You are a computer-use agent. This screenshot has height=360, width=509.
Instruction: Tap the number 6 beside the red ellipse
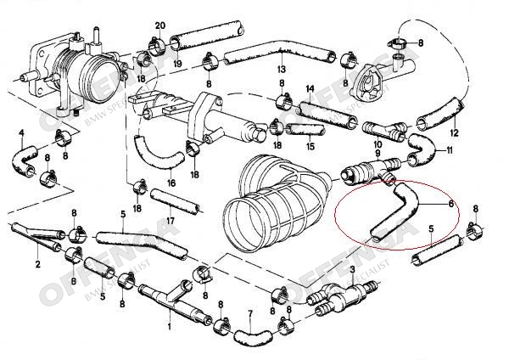click(450, 205)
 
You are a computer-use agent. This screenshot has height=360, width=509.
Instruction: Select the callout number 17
click(171, 222)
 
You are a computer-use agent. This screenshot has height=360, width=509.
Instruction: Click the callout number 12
click(455, 132)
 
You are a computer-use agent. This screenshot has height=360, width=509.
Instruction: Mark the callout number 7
click(249, 313)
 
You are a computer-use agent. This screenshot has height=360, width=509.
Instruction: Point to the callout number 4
click(20, 132)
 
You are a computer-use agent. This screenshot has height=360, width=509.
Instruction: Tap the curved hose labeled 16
click(157, 156)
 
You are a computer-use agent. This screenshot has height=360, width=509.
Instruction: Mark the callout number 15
click(310, 146)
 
